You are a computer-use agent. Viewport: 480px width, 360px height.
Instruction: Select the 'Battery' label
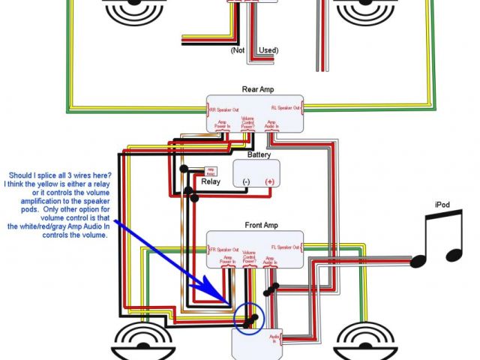coord(259,154)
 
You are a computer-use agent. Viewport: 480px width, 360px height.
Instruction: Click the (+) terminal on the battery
coord(269,181)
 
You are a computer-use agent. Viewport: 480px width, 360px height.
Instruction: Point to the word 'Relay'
coord(211,181)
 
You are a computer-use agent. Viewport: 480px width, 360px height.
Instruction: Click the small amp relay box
coord(211,171)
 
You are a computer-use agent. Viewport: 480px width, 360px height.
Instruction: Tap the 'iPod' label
coord(443,205)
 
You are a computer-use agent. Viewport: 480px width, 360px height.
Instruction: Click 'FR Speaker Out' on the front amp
coord(223,248)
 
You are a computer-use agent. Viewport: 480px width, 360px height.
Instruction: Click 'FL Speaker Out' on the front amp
coord(286,248)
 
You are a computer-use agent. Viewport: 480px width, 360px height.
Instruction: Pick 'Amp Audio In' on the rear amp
coord(271,124)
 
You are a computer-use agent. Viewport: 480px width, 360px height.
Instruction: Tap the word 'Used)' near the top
coord(268,50)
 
